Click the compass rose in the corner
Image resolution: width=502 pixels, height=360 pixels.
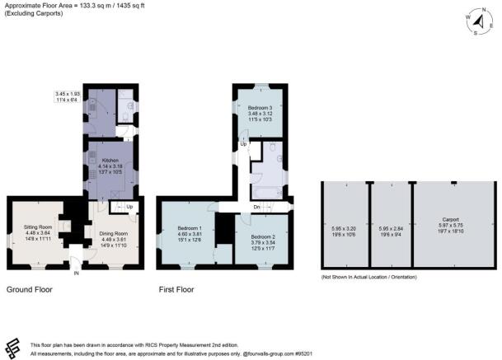point(478,23)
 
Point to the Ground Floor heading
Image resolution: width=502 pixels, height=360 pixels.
point(31,290)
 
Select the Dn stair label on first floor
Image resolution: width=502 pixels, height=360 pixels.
point(256,207)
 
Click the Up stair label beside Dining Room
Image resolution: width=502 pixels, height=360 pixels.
point(129,207)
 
